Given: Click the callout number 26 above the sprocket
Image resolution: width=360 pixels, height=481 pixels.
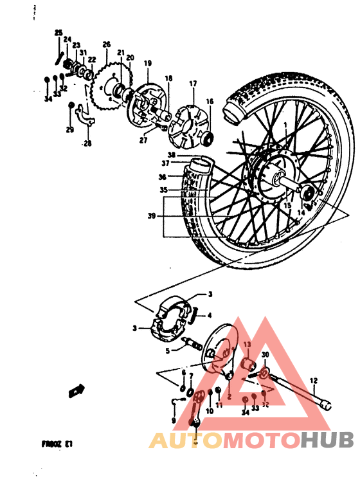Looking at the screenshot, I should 107,44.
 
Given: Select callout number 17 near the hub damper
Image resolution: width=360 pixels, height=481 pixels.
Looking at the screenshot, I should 192,84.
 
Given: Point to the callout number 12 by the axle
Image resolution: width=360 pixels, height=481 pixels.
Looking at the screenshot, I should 314,380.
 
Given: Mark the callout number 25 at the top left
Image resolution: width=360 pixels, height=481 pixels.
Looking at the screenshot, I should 59,32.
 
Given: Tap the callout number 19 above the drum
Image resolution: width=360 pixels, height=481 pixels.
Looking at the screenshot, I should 148,63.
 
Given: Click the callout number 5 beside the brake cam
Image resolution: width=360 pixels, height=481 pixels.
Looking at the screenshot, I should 167,350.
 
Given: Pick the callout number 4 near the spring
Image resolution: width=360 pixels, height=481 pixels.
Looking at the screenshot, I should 208,315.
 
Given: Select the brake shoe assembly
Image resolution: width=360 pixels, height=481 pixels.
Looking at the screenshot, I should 170,319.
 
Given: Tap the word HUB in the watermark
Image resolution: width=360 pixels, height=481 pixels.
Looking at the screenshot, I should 327,440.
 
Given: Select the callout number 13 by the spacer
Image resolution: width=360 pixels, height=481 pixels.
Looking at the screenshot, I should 246,345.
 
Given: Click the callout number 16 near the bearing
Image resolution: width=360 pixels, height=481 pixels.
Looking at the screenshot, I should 209,102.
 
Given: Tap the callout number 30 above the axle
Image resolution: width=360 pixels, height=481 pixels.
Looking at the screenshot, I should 265,354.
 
